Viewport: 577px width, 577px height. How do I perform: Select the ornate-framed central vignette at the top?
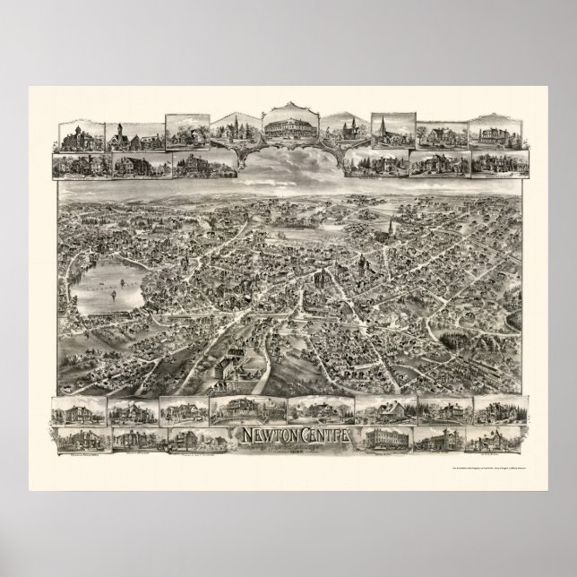pos(288,127)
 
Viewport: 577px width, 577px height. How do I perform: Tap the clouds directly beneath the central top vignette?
pos(288,162)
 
